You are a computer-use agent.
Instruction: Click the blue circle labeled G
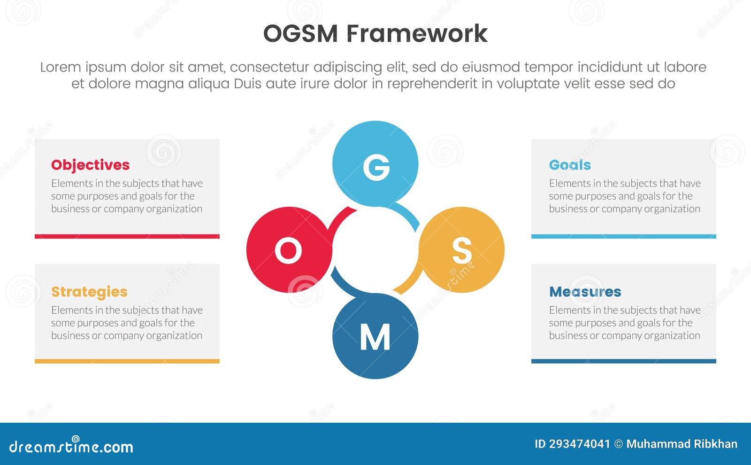pyautogui.click(x=375, y=164)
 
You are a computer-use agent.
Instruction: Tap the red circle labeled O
pyautogui.click(x=289, y=250)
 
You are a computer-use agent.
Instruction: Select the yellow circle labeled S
pyautogui.click(x=462, y=250)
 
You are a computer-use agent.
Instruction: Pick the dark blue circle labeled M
pyautogui.click(x=375, y=336)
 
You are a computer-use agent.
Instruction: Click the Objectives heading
pyautogui.click(x=90, y=165)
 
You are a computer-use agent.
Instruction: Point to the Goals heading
pyautogui.click(x=570, y=165)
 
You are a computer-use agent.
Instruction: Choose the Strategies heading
pyautogui.click(x=89, y=292)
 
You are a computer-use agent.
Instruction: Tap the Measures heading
pyautogui.click(x=585, y=292)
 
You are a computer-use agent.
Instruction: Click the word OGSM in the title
pyautogui.click(x=300, y=34)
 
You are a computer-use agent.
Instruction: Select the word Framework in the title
pyautogui.click(x=417, y=34)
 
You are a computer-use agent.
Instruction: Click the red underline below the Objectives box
pyautogui.click(x=127, y=236)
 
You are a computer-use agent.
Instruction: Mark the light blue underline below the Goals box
pyautogui.click(x=623, y=236)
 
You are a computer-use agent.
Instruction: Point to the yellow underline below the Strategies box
pyautogui.click(x=127, y=361)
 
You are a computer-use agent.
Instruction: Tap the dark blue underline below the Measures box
pyautogui.click(x=623, y=361)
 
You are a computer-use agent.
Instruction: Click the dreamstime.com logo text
pyautogui.click(x=71, y=446)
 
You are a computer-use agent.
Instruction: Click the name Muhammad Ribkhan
pyautogui.click(x=682, y=444)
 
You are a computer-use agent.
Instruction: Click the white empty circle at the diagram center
pyautogui.click(x=375, y=250)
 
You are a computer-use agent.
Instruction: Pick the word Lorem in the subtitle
pyautogui.click(x=61, y=67)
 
